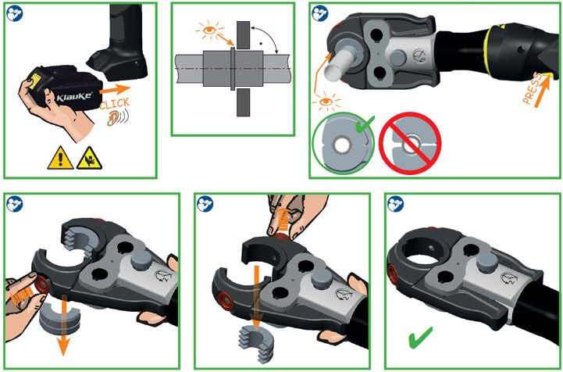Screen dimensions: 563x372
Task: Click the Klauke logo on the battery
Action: (74, 97)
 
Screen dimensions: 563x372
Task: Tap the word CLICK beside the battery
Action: (115, 104)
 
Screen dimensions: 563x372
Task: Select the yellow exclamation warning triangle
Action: (60, 158)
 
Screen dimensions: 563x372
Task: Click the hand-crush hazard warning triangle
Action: (89, 158)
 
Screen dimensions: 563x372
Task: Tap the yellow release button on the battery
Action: (34, 80)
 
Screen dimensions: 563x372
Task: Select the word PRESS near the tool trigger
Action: (533, 88)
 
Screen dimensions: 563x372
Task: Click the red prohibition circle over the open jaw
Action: (410, 144)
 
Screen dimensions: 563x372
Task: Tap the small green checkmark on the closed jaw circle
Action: (365, 123)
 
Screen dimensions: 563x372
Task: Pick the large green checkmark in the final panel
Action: (420, 338)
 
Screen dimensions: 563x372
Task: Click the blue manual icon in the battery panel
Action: (15, 13)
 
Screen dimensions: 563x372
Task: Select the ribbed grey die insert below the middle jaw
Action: (255, 344)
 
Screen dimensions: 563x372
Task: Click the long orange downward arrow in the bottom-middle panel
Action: (256, 299)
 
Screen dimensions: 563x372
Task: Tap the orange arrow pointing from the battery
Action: (115, 90)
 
